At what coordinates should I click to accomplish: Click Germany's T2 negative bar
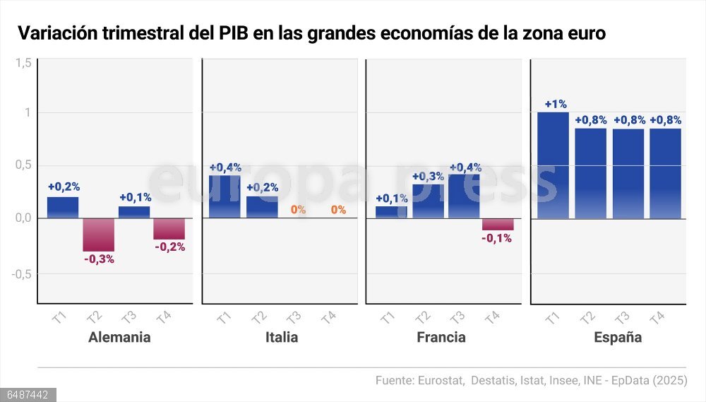click(x=98, y=235)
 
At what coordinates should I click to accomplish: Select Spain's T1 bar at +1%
click(x=553, y=165)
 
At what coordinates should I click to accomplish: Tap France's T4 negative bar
click(x=498, y=224)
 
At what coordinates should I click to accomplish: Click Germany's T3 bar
click(x=134, y=212)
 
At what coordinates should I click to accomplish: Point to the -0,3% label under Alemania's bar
click(x=99, y=259)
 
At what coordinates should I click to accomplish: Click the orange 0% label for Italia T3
click(x=298, y=210)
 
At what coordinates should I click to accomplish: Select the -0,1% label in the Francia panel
click(x=498, y=239)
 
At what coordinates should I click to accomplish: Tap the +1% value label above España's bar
click(x=556, y=104)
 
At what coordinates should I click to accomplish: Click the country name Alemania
click(x=119, y=337)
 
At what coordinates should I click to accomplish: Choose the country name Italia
click(x=282, y=337)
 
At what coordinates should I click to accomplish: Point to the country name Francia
click(x=441, y=337)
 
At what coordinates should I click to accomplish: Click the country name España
click(x=618, y=337)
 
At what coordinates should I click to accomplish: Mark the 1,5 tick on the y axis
click(x=23, y=63)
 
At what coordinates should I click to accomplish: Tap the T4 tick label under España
click(x=657, y=317)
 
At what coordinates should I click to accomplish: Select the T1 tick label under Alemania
click(x=59, y=317)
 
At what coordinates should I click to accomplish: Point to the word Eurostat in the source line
click(x=438, y=381)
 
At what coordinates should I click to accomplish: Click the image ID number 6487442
click(x=28, y=395)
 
